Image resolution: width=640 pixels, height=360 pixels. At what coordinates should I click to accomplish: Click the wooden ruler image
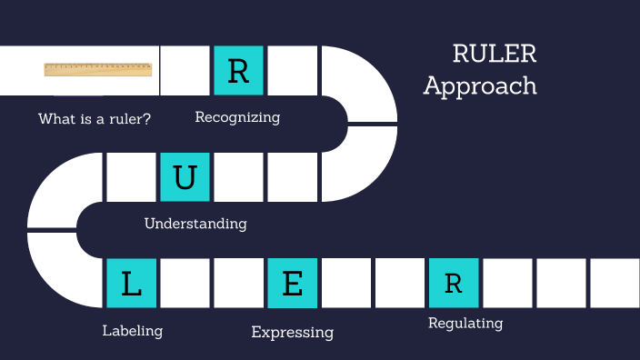(x=97, y=69)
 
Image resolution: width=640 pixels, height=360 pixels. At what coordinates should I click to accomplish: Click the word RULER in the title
(x=495, y=54)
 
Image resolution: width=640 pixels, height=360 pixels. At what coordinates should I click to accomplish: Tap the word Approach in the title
(x=480, y=86)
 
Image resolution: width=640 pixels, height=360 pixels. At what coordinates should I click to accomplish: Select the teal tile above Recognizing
(x=238, y=71)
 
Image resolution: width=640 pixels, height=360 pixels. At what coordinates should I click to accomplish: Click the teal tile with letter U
(x=185, y=176)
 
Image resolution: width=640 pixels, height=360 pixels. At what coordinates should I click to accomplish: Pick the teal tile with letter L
(x=131, y=283)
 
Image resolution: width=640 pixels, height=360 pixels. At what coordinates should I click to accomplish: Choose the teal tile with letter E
(x=292, y=283)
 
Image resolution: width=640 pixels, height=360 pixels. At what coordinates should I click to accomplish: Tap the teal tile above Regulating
(x=453, y=283)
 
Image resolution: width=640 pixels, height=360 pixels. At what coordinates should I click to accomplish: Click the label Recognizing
(x=237, y=117)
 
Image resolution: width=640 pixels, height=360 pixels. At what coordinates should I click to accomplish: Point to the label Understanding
(x=195, y=223)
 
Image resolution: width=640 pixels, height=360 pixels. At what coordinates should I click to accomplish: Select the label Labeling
(x=133, y=331)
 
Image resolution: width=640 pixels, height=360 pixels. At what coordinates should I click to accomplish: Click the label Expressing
(x=292, y=333)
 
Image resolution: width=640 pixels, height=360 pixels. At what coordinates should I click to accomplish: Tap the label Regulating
(x=465, y=323)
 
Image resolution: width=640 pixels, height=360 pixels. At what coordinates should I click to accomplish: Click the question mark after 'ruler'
(x=147, y=119)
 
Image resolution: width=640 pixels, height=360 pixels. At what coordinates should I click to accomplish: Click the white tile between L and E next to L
(x=185, y=283)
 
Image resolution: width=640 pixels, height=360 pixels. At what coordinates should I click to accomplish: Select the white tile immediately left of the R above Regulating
(x=399, y=283)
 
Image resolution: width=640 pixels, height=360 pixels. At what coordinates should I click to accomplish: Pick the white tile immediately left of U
(x=131, y=176)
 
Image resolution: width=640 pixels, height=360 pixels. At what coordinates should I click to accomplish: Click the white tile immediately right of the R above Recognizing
(x=292, y=71)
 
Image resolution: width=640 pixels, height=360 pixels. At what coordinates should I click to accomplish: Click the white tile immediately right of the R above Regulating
(x=506, y=283)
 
